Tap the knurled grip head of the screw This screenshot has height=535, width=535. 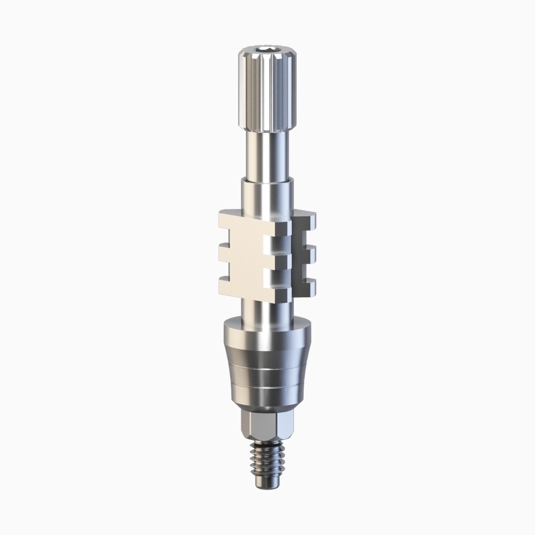tap(267, 91)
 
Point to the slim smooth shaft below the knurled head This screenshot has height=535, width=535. tap(267, 155)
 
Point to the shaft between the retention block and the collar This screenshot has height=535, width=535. tap(267, 310)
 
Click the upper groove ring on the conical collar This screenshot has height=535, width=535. tap(267, 369)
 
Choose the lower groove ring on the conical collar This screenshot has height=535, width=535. tap(267, 387)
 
